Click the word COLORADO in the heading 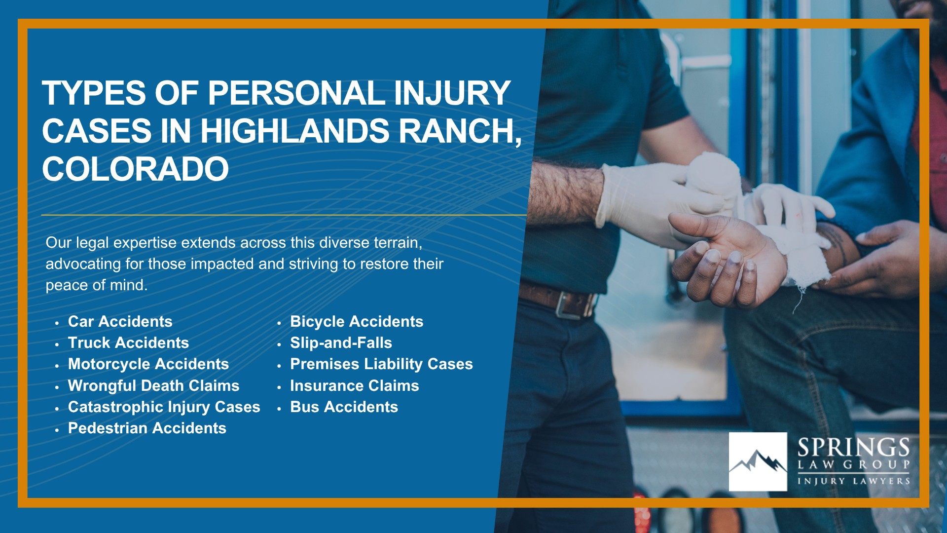[x=136, y=169]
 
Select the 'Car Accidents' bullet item [x=120, y=321]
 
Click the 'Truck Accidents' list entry [x=128, y=343]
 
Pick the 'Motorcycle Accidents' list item [x=148, y=364]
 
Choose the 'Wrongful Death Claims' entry [x=153, y=385]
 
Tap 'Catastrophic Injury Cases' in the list [x=164, y=407]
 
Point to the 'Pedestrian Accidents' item [x=147, y=428]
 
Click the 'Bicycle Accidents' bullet [x=357, y=322]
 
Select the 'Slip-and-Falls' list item [x=341, y=343]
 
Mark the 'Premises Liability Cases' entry [x=381, y=364]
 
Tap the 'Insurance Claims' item [x=355, y=385]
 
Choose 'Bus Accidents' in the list [x=344, y=407]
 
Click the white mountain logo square [x=758, y=462]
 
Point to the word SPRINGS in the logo [x=854, y=448]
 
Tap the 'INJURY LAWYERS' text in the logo [x=854, y=481]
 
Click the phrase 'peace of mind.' [x=97, y=285]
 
